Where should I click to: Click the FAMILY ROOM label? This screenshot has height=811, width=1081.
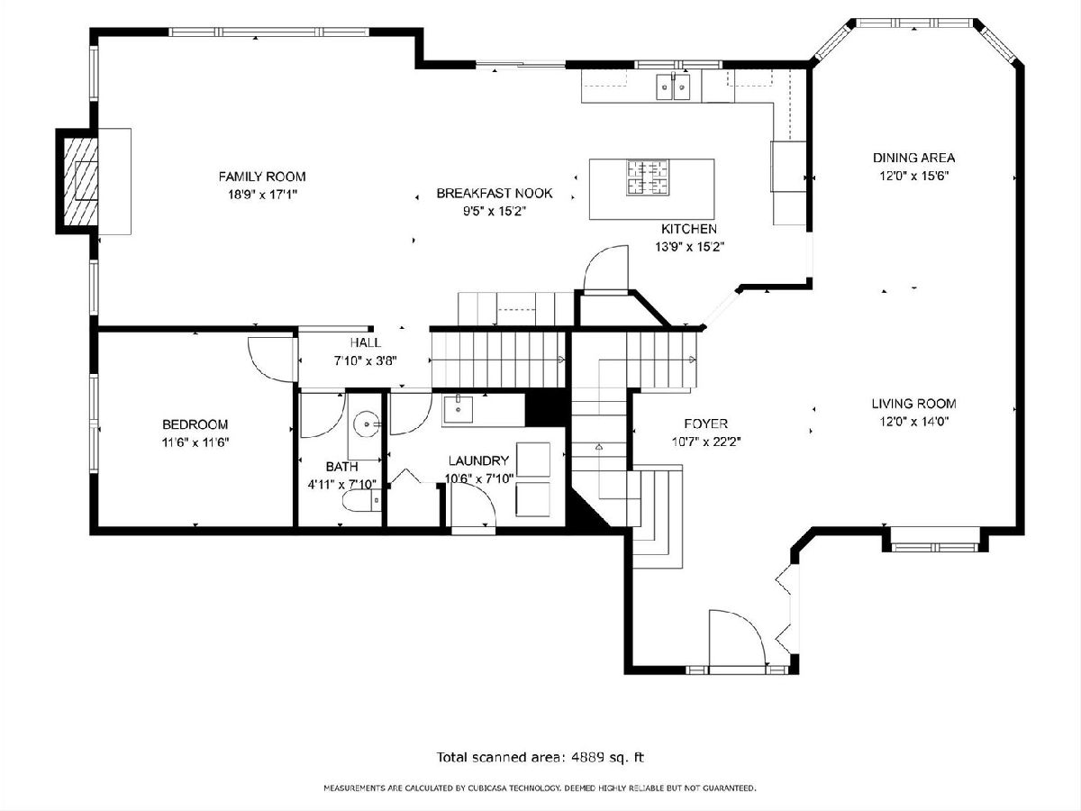[x=262, y=177]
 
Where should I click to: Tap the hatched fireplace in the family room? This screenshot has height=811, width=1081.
[x=81, y=181]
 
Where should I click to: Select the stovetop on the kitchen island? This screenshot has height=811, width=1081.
[x=648, y=178]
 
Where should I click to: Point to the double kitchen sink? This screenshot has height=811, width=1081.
[x=673, y=87]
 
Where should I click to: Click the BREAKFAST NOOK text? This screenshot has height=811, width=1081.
[x=495, y=193]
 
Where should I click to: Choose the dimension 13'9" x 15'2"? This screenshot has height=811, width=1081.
[x=689, y=247]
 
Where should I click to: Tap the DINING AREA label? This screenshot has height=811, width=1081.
[x=913, y=158]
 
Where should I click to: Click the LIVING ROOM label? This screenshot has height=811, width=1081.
[x=913, y=404]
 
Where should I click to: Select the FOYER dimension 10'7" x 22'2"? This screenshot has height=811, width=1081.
[x=705, y=442]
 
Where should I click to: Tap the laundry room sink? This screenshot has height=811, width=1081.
[x=458, y=409]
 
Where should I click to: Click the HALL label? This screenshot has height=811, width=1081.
[x=366, y=342]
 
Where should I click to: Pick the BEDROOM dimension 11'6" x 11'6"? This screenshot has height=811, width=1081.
[x=195, y=442]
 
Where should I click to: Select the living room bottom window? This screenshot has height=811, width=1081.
[x=934, y=547]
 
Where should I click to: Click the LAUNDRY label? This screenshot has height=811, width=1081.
[x=478, y=460]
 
